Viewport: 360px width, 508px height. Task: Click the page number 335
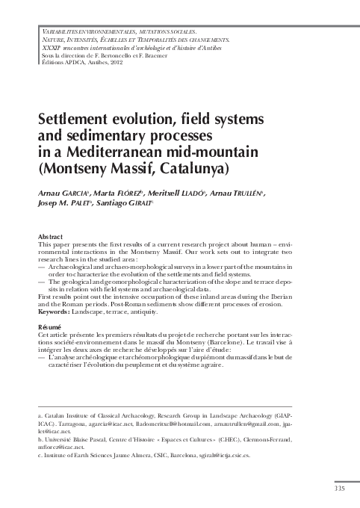click(x=340, y=489)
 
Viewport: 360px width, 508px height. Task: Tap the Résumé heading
click(x=51, y=327)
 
